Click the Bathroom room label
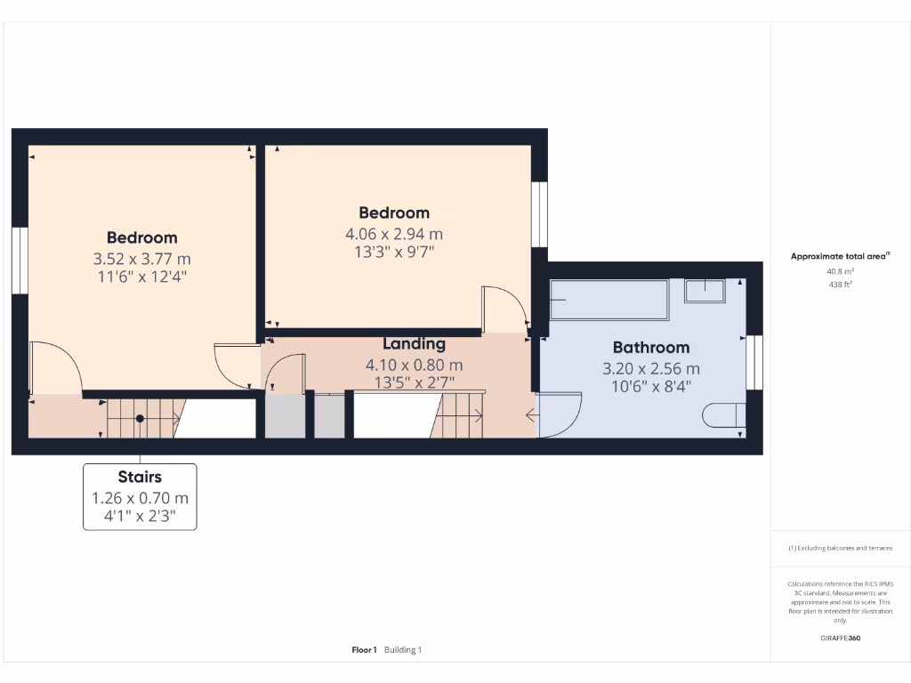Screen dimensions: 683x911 coord(650,348)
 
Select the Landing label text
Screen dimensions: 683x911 coord(414,344)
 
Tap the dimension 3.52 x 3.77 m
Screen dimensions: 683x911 coord(142,259)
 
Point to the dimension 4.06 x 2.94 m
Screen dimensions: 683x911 coord(394,235)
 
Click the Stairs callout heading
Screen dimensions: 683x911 coord(140,478)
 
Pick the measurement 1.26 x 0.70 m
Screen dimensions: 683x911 coord(140,498)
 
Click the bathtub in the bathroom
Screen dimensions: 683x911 coord(609,300)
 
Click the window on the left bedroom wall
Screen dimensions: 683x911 coord(20,260)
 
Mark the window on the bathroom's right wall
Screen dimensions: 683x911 coord(754,362)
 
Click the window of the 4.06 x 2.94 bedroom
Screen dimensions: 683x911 coord(539,213)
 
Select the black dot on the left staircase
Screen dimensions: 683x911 coord(140,418)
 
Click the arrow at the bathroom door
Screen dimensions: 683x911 coord(532,414)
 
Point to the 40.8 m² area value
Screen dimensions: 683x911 coord(841,271)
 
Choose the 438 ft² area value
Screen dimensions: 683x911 coord(841,285)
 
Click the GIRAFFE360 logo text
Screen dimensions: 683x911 coord(841,638)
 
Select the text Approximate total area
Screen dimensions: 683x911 coord(838,256)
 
